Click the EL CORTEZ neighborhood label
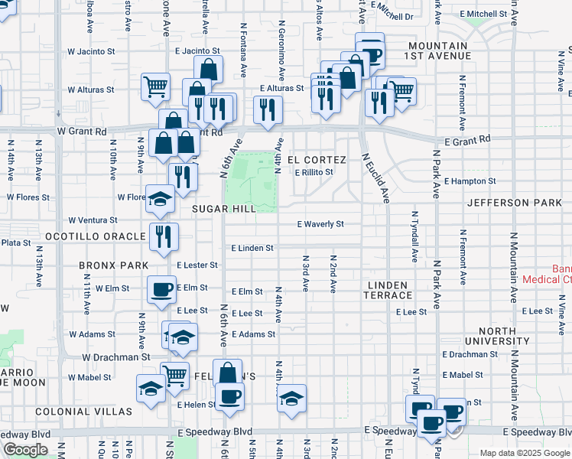[317, 160]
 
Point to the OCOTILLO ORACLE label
[93, 236]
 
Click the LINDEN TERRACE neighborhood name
[390, 290]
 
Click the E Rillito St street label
[314, 173]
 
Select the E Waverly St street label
[321, 224]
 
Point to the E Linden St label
[252, 249]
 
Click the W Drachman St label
[116, 357]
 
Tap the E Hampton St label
[470, 182]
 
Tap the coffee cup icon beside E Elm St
[161, 289]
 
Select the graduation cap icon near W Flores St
[160, 199]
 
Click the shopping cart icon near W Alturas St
[155, 86]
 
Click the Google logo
[25, 450]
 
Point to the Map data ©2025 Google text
[525, 453]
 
